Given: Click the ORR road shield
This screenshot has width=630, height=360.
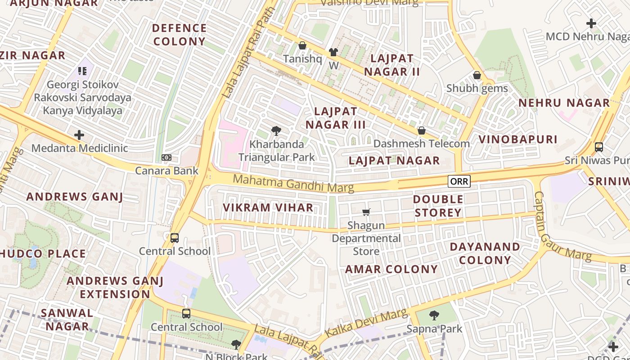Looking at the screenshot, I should click(459, 181).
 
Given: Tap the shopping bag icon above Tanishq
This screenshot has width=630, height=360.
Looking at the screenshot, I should click(302, 45).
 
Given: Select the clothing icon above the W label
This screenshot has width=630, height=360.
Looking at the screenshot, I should click(333, 52).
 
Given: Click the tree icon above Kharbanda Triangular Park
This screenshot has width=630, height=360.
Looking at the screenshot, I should click(276, 131).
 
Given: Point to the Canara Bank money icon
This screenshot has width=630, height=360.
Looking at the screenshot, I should click(166, 157).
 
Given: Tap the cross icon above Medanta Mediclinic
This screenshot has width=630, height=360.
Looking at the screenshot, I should click(79, 135).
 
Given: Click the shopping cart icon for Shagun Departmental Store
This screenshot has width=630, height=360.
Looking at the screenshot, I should click(366, 211).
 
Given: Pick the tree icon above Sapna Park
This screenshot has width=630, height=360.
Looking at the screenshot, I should click(434, 315).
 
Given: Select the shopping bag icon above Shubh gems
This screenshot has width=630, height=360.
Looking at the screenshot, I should click(477, 75).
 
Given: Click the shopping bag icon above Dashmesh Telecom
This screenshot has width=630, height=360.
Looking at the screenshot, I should click(422, 130).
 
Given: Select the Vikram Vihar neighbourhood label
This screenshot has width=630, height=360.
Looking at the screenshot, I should click(268, 207).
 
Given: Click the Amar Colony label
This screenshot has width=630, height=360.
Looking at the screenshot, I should click(391, 270).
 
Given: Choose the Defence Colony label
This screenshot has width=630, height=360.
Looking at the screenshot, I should click(179, 35).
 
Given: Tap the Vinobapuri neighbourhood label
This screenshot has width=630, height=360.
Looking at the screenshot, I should click(518, 139).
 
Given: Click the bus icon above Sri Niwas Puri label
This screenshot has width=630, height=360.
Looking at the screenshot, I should click(598, 147).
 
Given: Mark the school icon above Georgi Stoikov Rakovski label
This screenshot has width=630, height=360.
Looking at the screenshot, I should click(82, 71).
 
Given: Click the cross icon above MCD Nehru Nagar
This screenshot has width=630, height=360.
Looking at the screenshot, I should click(591, 23).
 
